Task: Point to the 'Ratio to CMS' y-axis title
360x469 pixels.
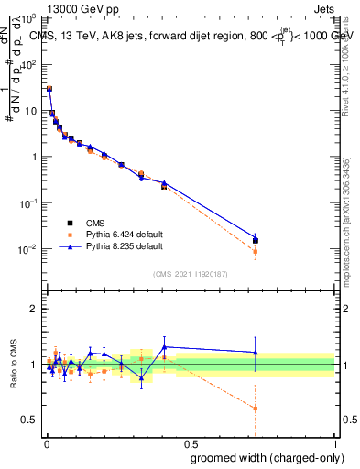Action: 14,364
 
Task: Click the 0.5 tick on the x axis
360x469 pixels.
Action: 190,444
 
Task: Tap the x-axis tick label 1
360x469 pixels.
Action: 335,444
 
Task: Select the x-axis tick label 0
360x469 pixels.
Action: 45,444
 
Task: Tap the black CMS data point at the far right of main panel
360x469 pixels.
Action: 256,241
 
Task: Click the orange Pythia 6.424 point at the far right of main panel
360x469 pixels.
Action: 256,251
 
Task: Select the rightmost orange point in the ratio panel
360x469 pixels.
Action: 256,409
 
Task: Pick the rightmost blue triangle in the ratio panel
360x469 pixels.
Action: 256,352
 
